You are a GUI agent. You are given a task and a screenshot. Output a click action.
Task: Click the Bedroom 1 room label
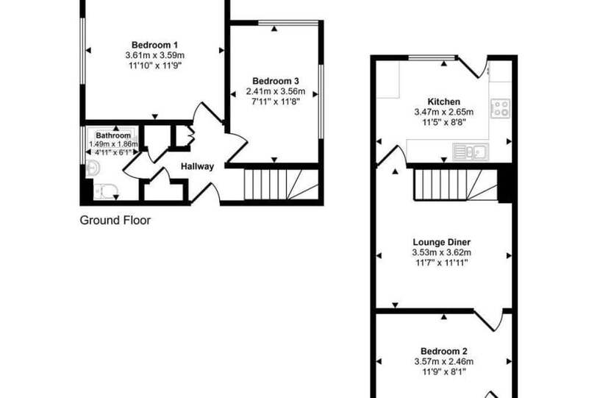point(154,45)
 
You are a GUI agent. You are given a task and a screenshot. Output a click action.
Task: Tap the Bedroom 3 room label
point(275,81)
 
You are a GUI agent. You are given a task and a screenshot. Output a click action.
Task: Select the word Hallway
point(197,166)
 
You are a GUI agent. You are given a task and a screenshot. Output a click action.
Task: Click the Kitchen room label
point(444,102)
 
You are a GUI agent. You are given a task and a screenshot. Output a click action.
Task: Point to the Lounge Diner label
point(442,242)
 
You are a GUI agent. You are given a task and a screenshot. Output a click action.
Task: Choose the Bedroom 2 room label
point(444,351)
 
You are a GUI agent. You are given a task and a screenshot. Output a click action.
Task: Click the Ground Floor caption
point(115,220)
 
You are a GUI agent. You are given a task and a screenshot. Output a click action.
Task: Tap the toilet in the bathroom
point(105,191)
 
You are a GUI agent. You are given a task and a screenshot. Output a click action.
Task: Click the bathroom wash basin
point(93,168)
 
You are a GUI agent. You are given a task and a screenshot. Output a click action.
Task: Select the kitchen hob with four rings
point(500,109)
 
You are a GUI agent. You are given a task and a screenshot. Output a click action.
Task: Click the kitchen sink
point(471,152)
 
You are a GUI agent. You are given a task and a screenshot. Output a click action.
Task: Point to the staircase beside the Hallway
point(281,185)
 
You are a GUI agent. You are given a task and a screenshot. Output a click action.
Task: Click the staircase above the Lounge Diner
point(455,185)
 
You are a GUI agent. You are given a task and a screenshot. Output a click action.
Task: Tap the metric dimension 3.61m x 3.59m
point(154,55)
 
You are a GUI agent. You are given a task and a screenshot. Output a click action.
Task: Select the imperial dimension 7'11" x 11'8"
point(275,102)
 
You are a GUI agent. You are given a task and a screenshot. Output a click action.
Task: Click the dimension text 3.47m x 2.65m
point(444,112)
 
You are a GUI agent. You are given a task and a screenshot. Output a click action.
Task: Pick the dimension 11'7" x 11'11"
point(442,263)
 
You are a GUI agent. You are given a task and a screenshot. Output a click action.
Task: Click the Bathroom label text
point(113,135)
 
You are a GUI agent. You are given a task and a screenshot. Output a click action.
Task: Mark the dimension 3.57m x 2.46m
point(444,361)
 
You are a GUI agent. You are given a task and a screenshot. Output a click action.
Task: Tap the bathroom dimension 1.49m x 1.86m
point(113,144)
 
